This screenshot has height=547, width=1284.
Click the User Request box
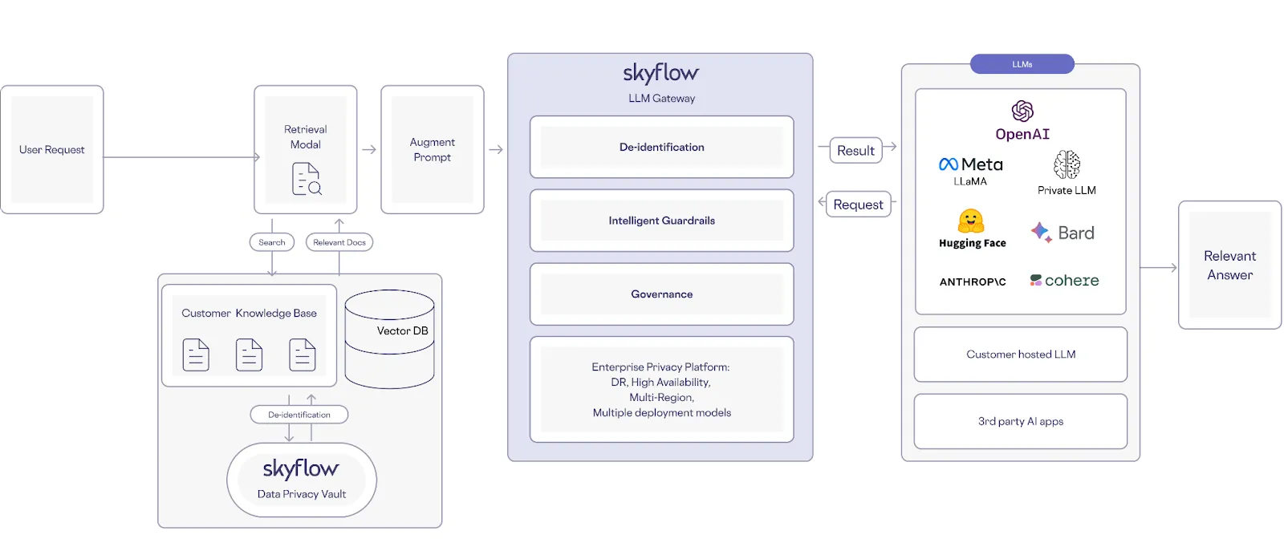[52, 150]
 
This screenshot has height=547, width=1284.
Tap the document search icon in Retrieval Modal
[307, 179]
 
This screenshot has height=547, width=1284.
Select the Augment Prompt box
[433, 150]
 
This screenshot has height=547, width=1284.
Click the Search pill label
[272, 242]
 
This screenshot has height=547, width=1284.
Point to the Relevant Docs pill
[339, 242]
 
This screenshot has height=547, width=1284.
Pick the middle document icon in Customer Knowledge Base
[249, 355]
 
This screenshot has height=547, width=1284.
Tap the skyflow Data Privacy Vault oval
[302, 480]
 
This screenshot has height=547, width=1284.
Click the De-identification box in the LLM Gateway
[662, 148]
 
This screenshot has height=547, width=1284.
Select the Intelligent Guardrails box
[662, 221]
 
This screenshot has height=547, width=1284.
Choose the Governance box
[662, 294]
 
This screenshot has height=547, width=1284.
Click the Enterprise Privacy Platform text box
[662, 390]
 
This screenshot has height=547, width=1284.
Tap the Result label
[856, 151]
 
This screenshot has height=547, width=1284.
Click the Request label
[858, 205]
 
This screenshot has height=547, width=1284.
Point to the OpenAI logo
[1022, 111]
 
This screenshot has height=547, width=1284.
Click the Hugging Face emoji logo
[971, 221]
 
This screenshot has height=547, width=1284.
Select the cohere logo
[1064, 281]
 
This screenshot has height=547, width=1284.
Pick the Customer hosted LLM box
[1021, 355]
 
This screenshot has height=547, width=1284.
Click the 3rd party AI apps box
[1021, 422]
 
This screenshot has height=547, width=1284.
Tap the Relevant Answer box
[1229, 265]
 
